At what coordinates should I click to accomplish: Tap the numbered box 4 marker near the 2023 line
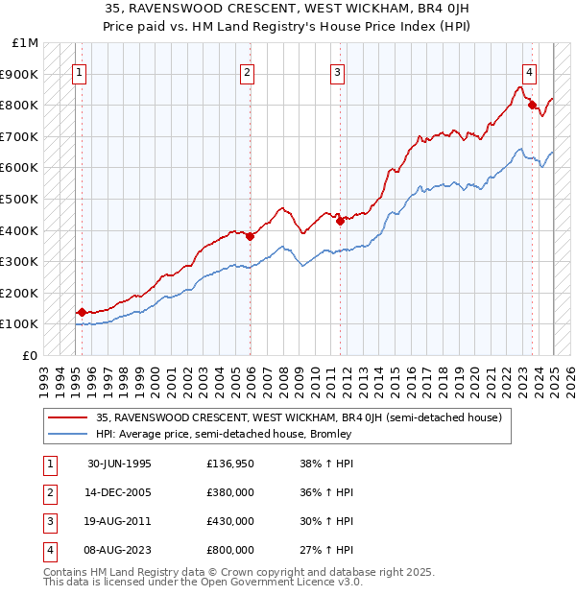pyautogui.click(x=529, y=70)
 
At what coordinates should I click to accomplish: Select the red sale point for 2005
pyautogui.click(x=250, y=236)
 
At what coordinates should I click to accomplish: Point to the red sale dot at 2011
pyautogui.click(x=340, y=220)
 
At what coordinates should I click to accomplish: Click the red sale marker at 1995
pyautogui.click(x=82, y=312)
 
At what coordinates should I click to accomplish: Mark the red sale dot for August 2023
pyautogui.click(x=532, y=105)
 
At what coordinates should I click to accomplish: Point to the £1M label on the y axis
pyautogui.click(x=25, y=43)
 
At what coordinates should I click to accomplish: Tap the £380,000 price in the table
pyautogui.click(x=230, y=493)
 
